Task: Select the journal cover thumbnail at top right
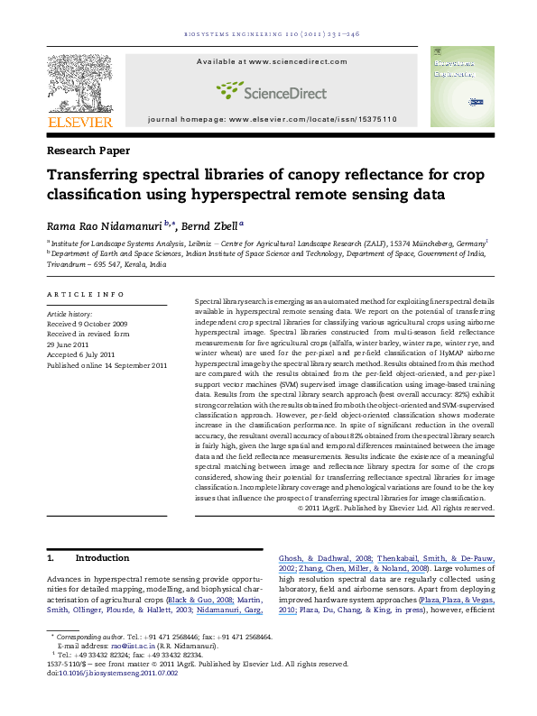pos(456,87)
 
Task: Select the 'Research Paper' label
pos(88,150)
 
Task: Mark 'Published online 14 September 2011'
pos(106,364)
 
